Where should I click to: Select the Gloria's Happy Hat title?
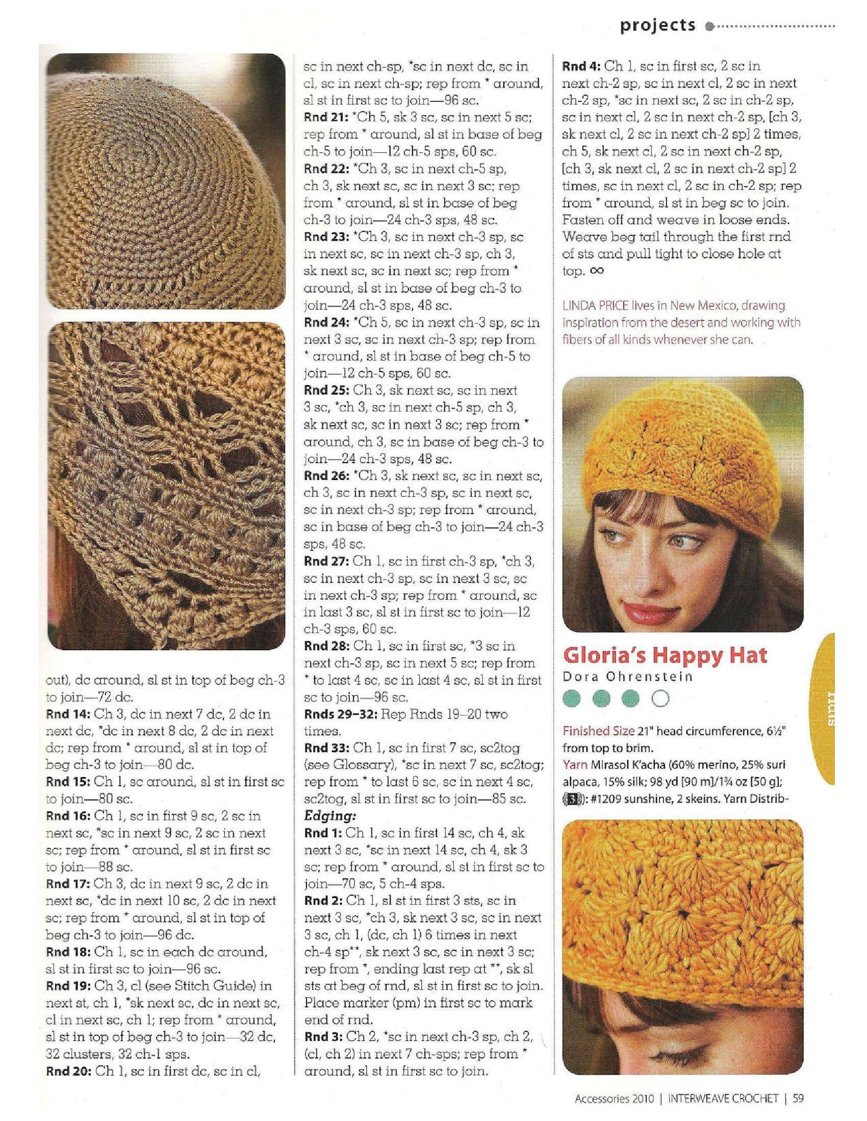point(665,655)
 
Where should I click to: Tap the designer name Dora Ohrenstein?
point(628,677)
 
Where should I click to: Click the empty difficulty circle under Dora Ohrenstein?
point(660,698)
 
